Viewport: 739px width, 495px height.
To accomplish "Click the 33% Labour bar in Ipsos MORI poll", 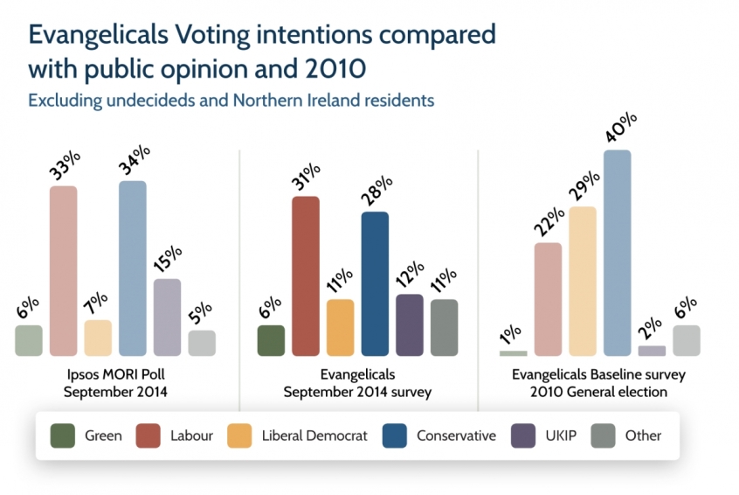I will click(63, 271).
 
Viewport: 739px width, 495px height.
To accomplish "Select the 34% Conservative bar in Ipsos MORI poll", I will click(133, 268).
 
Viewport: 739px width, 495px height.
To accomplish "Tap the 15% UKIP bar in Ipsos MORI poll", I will click(167, 317).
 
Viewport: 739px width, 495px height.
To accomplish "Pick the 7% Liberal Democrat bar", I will click(98, 338).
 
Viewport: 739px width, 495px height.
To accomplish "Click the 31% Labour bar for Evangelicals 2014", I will click(305, 276).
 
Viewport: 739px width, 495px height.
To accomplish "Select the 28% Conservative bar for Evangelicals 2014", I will click(375, 284).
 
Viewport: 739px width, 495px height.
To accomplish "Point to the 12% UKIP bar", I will click(409, 325).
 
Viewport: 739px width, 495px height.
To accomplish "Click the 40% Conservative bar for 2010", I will click(617, 253).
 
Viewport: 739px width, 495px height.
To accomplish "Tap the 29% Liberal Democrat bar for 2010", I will click(582, 282).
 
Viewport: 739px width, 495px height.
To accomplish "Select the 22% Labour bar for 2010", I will click(548, 299).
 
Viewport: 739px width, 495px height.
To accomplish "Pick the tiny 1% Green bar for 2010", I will click(514, 353).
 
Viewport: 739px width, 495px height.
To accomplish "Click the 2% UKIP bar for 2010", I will click(652, 351).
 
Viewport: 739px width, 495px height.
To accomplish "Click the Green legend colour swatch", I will click(63, 435).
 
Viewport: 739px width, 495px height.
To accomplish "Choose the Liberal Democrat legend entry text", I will click(314, 436).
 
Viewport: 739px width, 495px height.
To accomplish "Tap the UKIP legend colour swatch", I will click(522, 435).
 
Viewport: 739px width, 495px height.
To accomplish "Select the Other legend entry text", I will click(643, 436).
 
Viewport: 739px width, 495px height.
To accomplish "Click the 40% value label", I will click(618, 129).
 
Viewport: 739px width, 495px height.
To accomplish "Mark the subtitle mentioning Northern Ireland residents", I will click(231, 101).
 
